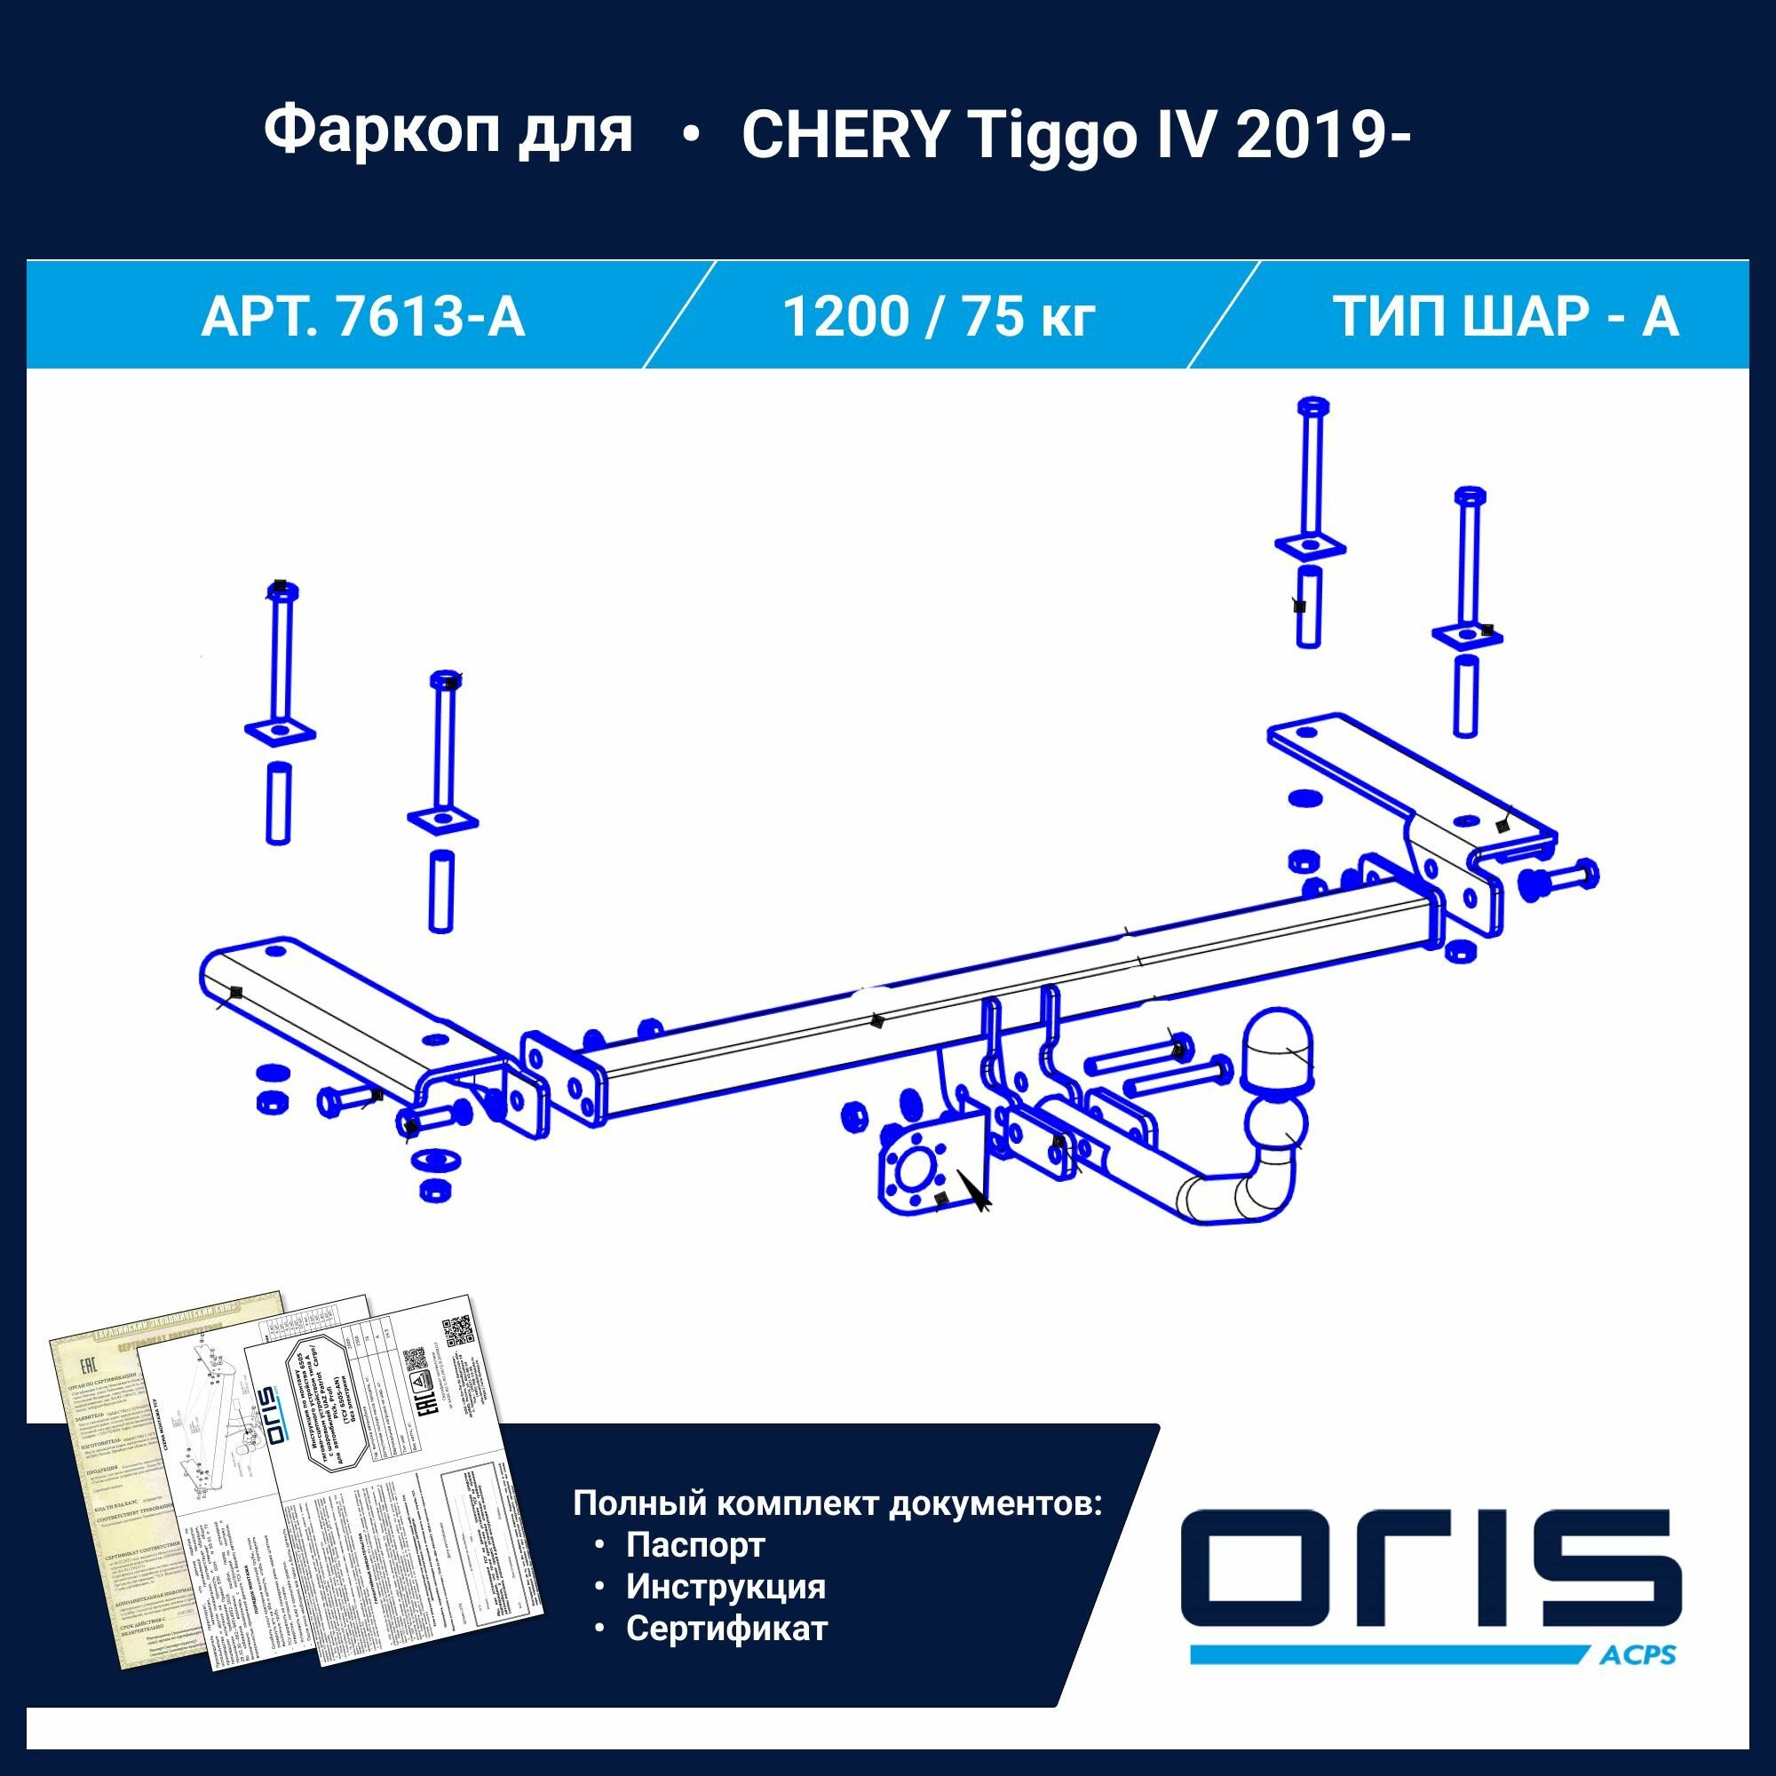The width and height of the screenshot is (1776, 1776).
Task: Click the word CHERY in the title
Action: (x=844, y=135)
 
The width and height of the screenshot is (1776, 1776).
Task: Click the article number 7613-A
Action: (x=432, y=316)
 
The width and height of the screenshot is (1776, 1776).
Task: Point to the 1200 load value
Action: (x=843, y=316)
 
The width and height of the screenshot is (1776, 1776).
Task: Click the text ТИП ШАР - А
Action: (x=1506, y=316)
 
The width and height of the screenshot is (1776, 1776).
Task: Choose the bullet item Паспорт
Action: (x=695, y=1544)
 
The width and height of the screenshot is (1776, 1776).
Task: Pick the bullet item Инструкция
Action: (x=725, y=1586)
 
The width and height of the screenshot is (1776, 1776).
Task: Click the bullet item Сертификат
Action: (x=726, y=1628)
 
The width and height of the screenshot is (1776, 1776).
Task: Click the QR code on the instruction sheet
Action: (x=456, y=1332)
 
